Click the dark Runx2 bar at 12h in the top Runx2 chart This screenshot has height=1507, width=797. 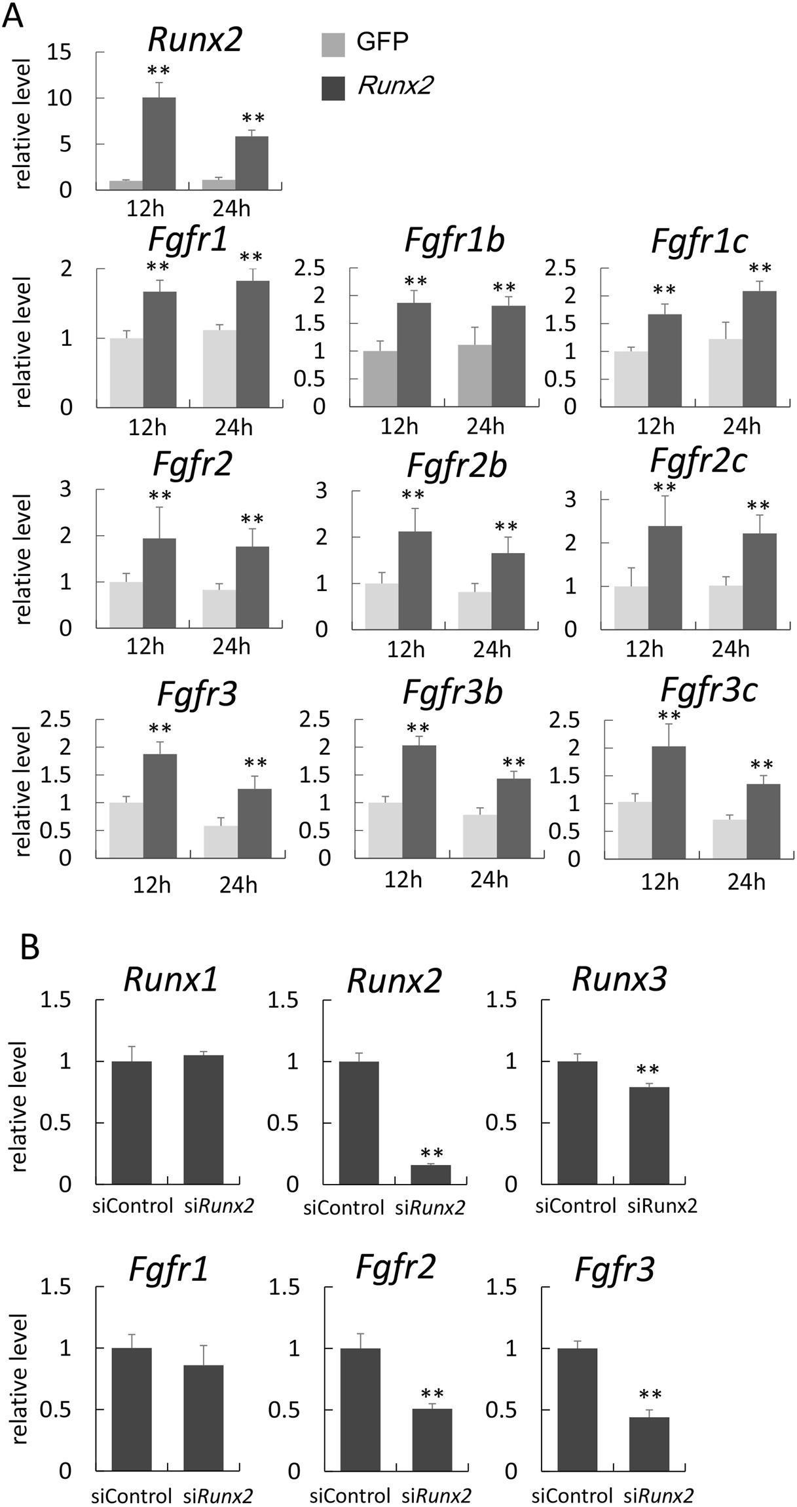click(158, 143)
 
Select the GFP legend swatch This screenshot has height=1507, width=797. click(333, 45)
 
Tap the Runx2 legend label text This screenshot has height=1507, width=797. click(395, 85)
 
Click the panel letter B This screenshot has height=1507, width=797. click(29, 947)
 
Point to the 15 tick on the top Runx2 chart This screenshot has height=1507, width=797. click(60, 52)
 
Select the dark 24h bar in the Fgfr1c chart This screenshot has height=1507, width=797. click(759, 349)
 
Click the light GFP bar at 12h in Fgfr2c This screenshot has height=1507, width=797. click(631, 607)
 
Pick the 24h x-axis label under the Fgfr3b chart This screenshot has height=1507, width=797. click(489, 880)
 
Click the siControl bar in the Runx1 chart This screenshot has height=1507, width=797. click(131, 1122)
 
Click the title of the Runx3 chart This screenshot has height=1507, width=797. click(619, 979)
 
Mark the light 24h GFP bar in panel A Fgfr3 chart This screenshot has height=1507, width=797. click(221, 841)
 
